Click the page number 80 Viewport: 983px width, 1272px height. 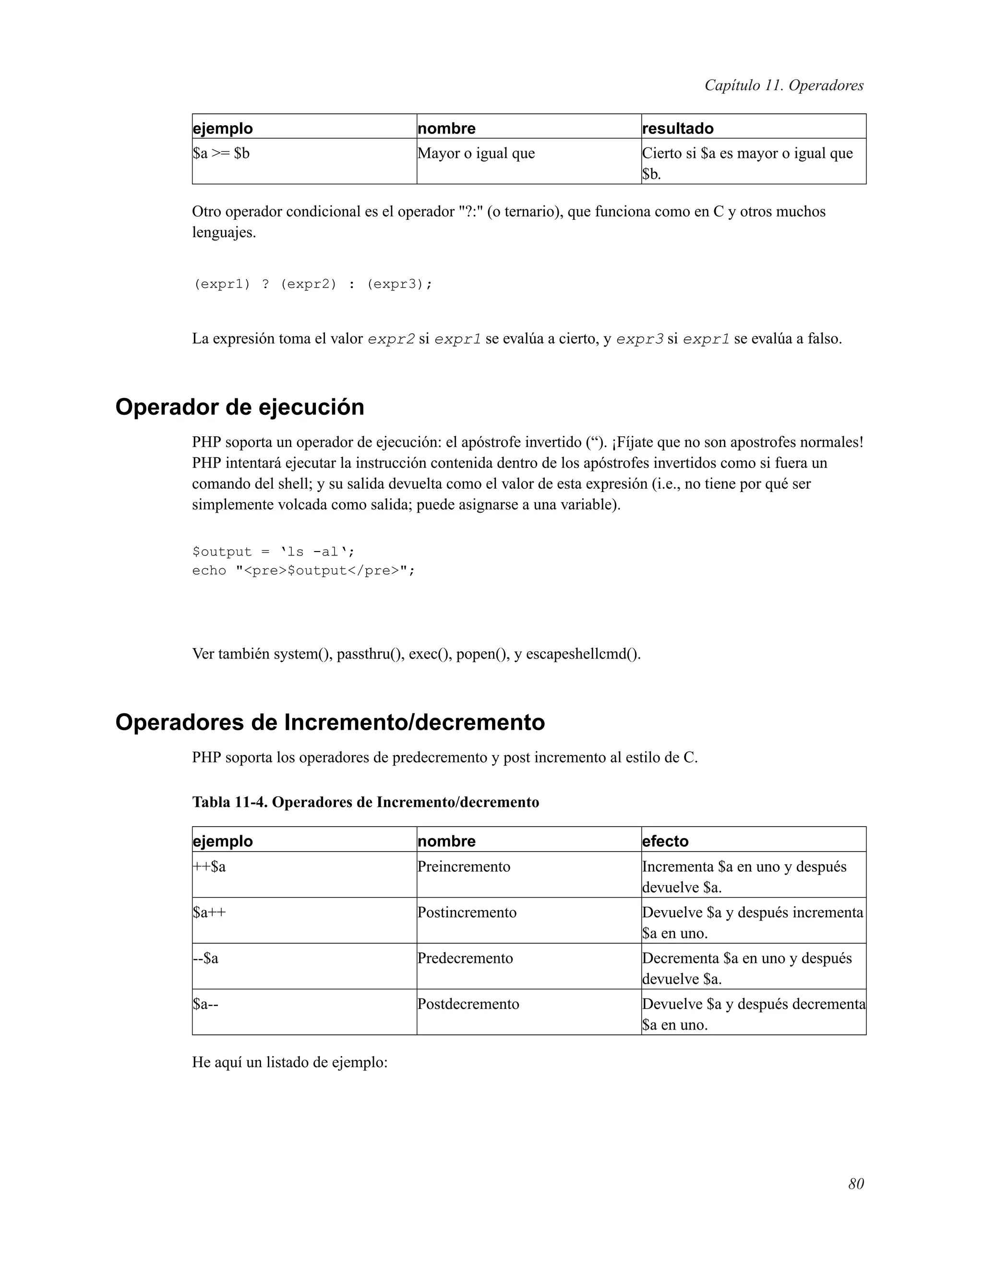pos(855,1184)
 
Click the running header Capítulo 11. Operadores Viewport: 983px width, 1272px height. pos(783,85)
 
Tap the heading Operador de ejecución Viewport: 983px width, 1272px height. pos(240,407)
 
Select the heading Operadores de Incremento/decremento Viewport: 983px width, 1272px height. pos(330,722)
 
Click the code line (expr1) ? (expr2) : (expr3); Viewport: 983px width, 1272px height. pos(313,284)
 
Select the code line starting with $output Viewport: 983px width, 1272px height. pos(273,552)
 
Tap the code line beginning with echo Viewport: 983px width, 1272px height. pos(303,570)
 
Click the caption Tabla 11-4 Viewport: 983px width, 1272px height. pos(365,802)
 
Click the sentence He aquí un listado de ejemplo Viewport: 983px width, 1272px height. pos(289,1062)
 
